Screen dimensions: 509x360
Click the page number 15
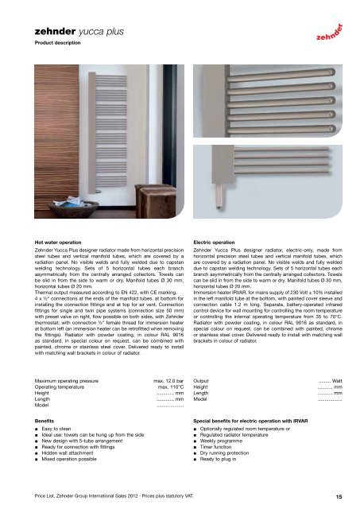pos(339,496)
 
